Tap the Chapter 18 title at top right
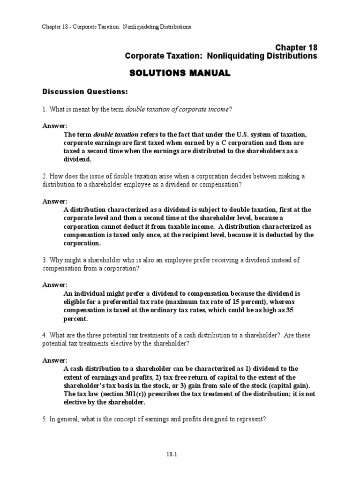coord(296,48)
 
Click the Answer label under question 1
coord(55,126)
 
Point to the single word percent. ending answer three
coord(75,319)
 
